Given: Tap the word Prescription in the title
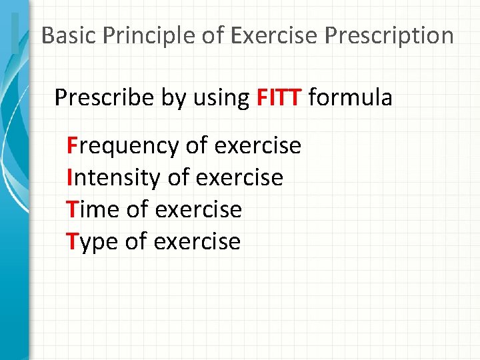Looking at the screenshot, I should [x=389, y=35].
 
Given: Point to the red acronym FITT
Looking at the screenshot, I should [x=279, y=98].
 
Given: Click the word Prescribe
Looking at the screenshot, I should [x=105, y=98].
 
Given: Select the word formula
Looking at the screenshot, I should [x=351, y=98].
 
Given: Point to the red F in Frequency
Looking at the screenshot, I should [x=72, y=145].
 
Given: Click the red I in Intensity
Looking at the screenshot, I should [x=69, y=177].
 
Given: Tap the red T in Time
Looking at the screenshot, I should [x=73, y=209].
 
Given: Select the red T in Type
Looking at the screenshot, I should [x=73, y=241].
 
